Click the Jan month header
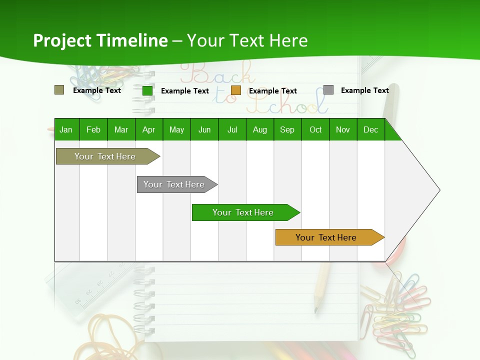click(x=66, y=130)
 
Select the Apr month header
click(x=148, y=130)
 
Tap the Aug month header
click(x=259, y=130)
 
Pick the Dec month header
click(x=370, y=130)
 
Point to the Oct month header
click(x=315, y=130)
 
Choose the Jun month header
click(x=204, y=130)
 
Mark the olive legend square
click(x=59, y=90)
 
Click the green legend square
click(x=147, y=90)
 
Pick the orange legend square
click(x=236, y=90)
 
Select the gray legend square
click(x=328, y=90)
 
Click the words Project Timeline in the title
click(x=100, y=40)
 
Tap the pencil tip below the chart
click(x=316, y=310)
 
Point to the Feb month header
click(x=93, y=130)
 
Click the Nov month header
click(x=343, y=130)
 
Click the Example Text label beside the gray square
click(x=364, y=90)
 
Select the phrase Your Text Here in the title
click(x=247, y=40)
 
